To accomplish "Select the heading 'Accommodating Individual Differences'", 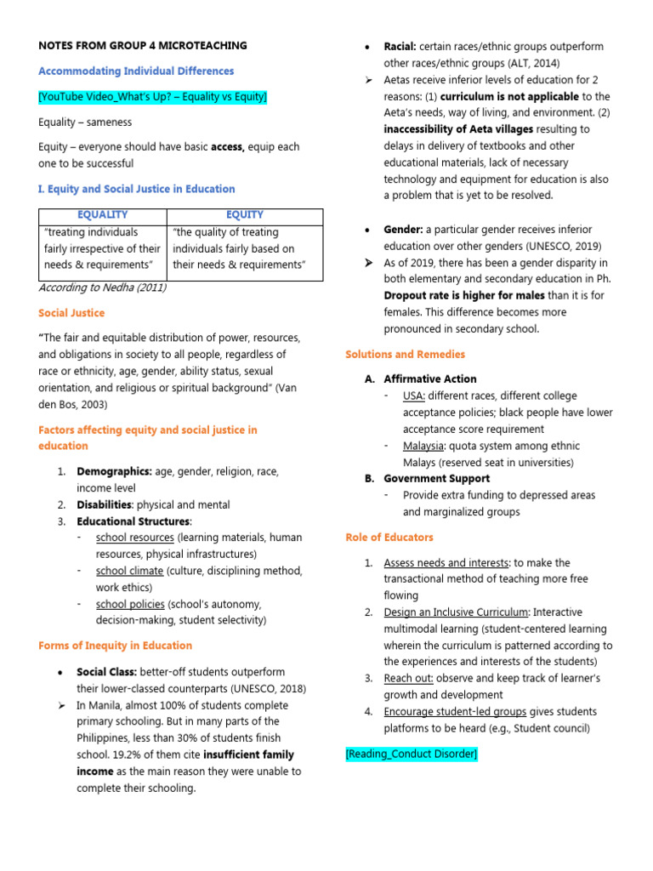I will [x=136, y=71].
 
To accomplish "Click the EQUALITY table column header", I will [x=103, y=215].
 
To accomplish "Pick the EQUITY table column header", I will [x=245, y=215].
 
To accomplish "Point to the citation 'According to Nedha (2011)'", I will [x=102, y=287].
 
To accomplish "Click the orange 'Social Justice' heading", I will [x=71, y=314].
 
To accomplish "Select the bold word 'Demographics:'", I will [x=114, y=471].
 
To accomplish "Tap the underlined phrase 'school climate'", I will [x=129, y=571].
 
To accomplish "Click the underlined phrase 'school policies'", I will [x=130, y=604].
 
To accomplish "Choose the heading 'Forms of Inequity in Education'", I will [x=115, y=646].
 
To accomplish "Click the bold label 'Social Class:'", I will [x=107, y=672].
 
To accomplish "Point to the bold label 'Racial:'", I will [x=400, y=46].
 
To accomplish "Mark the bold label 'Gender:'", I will [x=403, y=230].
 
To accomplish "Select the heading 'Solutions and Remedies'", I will [x=406, y=354].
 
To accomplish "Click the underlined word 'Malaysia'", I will [x=423, y=446].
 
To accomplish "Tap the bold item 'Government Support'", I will [x=436, y=479].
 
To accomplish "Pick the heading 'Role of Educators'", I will [x=389, y=538].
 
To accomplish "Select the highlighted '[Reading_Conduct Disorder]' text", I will [x=412, y=754].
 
